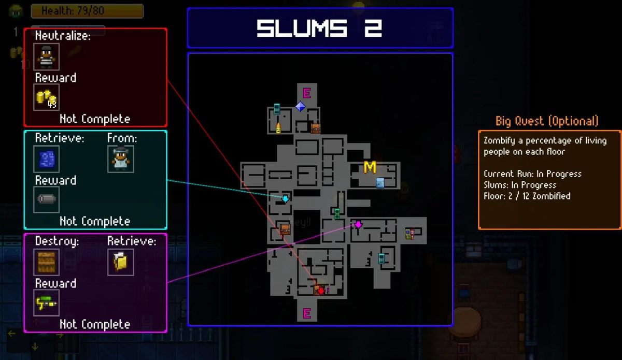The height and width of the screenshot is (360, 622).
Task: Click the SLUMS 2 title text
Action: (319, 28)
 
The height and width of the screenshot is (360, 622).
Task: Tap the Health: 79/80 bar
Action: (87, 10)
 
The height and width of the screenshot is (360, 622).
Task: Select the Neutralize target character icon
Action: (46, 56)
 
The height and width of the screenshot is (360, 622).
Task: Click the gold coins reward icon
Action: (46, 97)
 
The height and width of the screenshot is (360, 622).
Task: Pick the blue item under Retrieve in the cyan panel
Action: (46, 159)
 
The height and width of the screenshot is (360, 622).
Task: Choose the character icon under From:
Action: (121, 159)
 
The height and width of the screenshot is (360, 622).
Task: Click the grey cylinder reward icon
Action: (46, 199)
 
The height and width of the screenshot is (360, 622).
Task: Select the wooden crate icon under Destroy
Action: (46, 262)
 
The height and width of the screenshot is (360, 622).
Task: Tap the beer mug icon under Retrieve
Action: (121, 262)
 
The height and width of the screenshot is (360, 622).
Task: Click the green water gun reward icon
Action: (46, 303)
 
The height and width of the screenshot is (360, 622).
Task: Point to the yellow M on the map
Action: (370, 167)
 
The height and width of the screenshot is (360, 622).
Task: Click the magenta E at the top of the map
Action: (306, 93)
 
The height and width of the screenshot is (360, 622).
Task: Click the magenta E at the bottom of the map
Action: (306, 313)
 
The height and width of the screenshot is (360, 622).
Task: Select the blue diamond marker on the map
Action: (300, 106)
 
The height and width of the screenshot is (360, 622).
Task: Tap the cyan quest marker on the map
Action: (285, 198)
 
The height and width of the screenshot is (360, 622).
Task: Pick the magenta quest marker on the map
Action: (358, 224)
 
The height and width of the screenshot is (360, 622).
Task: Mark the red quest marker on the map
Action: (321, 291)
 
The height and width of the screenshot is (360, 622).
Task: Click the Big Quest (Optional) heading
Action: (547, 121)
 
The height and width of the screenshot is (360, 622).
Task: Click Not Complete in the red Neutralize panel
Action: (95, 119)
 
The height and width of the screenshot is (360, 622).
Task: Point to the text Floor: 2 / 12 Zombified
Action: (527, 196)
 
